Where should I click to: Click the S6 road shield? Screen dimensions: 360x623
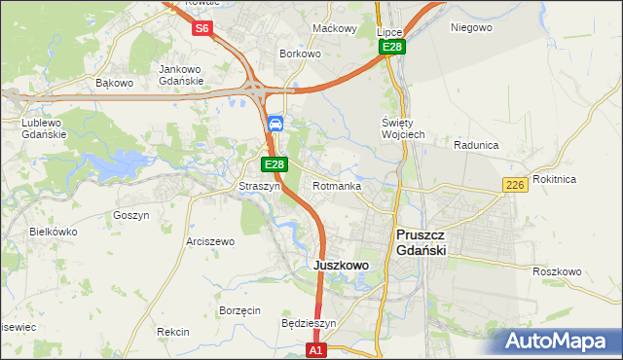point(202,28)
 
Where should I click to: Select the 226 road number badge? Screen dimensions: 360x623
point(516,185)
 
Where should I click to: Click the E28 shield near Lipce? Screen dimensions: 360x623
point(391,47)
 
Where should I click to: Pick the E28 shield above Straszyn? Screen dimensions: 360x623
point(275,164)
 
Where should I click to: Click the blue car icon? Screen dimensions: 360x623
point(275,124)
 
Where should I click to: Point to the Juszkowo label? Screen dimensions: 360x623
point(340,265)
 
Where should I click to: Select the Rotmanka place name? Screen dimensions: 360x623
point(337,186)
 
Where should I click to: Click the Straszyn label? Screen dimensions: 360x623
point(260,186)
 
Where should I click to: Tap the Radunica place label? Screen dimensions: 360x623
point(476,145)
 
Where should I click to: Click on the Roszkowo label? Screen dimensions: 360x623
point(557,271)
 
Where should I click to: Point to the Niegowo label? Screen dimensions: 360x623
point(472,27)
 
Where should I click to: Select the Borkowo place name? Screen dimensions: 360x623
point(300,54)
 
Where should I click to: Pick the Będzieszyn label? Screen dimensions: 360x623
point(308,323)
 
